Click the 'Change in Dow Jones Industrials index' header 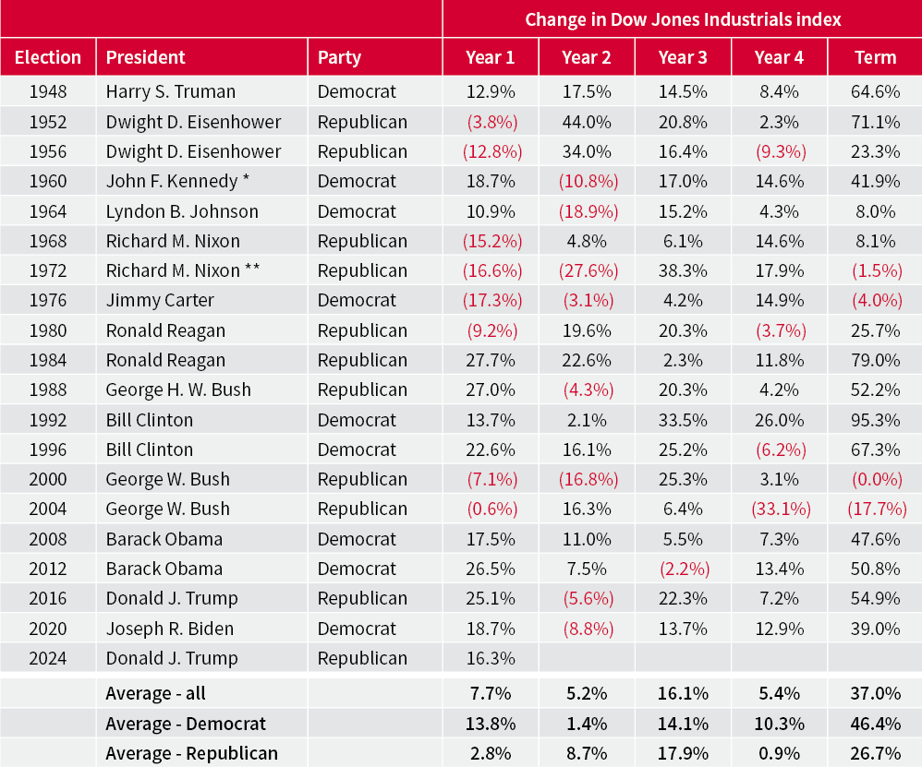tap(683, 18)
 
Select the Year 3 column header tap(683, 57)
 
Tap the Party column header tap(339, 57)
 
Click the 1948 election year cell tap(48, 91)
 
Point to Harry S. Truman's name tap(170, 91)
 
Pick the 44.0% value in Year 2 tap(587, 122)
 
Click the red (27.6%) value tap(587, 270)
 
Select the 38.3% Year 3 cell tap(683, 270)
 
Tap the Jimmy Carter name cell tap(159, 300)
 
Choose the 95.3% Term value tap(875, 420)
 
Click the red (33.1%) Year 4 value tap(779, 509)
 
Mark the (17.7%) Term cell tap(875, 509)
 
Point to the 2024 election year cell tap(48, 658)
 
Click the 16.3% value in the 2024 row tap(491, 658)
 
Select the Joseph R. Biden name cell tap(169, 629)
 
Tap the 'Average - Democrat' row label tap(185, 724)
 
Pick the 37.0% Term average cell tap(875, 693)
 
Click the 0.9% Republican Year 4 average tap(779, 753)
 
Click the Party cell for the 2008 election tap(357, 539)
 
